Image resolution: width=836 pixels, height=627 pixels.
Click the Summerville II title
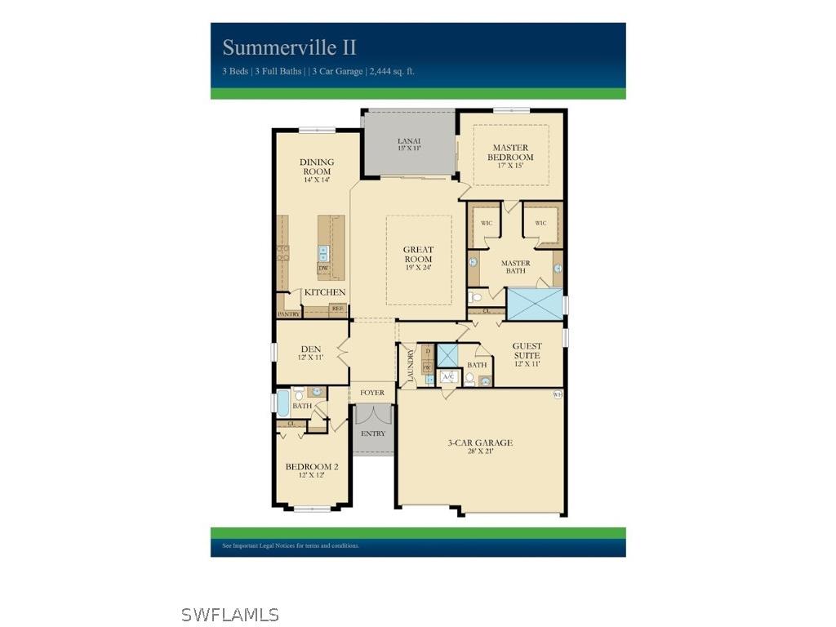[290, 47]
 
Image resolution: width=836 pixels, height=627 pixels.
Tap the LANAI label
[408, 144]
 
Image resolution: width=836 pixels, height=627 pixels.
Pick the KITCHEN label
[325, 292]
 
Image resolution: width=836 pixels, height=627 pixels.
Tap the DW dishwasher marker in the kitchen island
[323, 268]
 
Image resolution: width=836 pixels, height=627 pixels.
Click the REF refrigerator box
[336, 309]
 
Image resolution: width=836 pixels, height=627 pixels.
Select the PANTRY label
[289, 313]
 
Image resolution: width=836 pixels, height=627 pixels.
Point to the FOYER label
[372, 393]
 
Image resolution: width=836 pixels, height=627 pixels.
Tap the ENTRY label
[373, 434]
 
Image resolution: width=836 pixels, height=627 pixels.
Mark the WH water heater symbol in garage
[558, 394]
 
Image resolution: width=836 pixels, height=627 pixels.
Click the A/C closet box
[448, 376]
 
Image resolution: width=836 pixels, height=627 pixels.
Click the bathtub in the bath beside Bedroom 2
[282, 402]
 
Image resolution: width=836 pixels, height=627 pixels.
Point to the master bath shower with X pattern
[535, 304]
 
